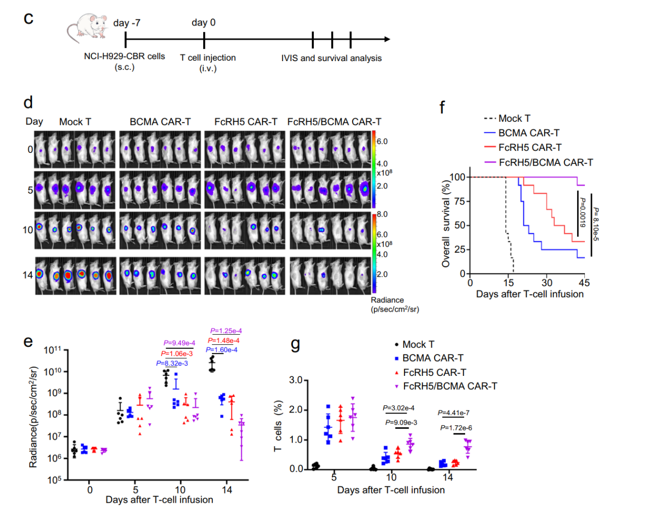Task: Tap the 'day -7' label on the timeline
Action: point(127,23)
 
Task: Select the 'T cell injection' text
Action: point(208,58)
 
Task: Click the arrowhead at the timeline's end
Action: point(387,39)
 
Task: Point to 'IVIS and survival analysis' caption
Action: point(331,58)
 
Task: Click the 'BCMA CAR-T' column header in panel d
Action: point(160,122)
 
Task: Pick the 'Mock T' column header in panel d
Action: point(75,122)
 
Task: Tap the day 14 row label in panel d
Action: point(28,275)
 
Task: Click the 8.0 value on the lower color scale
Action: point(382,214)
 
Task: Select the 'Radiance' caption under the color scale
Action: point(387,300)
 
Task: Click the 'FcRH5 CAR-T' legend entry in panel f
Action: point(530,148)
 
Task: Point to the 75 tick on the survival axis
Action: point(459,201)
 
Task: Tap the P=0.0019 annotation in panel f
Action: point(583,212)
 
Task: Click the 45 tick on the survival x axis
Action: point(584,283)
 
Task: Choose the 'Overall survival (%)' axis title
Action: point(446,225)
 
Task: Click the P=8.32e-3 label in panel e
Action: point(172,363)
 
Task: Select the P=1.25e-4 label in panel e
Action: point(226,331)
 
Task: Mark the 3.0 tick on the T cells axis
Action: point(296,380)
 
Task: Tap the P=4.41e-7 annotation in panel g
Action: point(453,413)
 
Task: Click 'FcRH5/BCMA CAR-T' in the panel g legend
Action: point(450,386)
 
